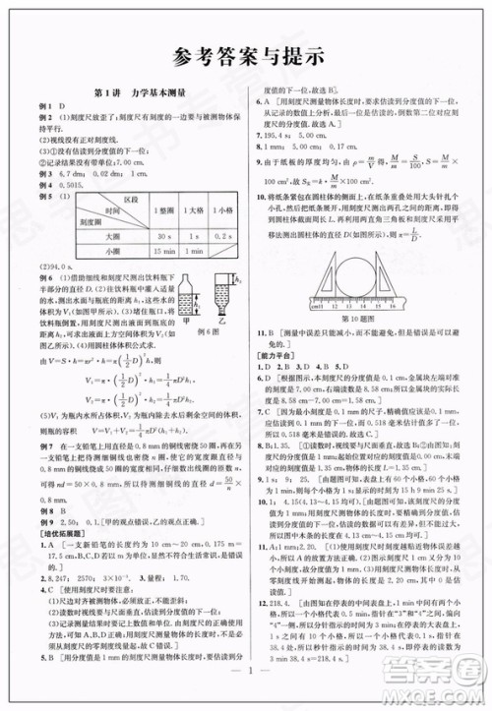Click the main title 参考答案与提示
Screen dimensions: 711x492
(245, 57)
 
